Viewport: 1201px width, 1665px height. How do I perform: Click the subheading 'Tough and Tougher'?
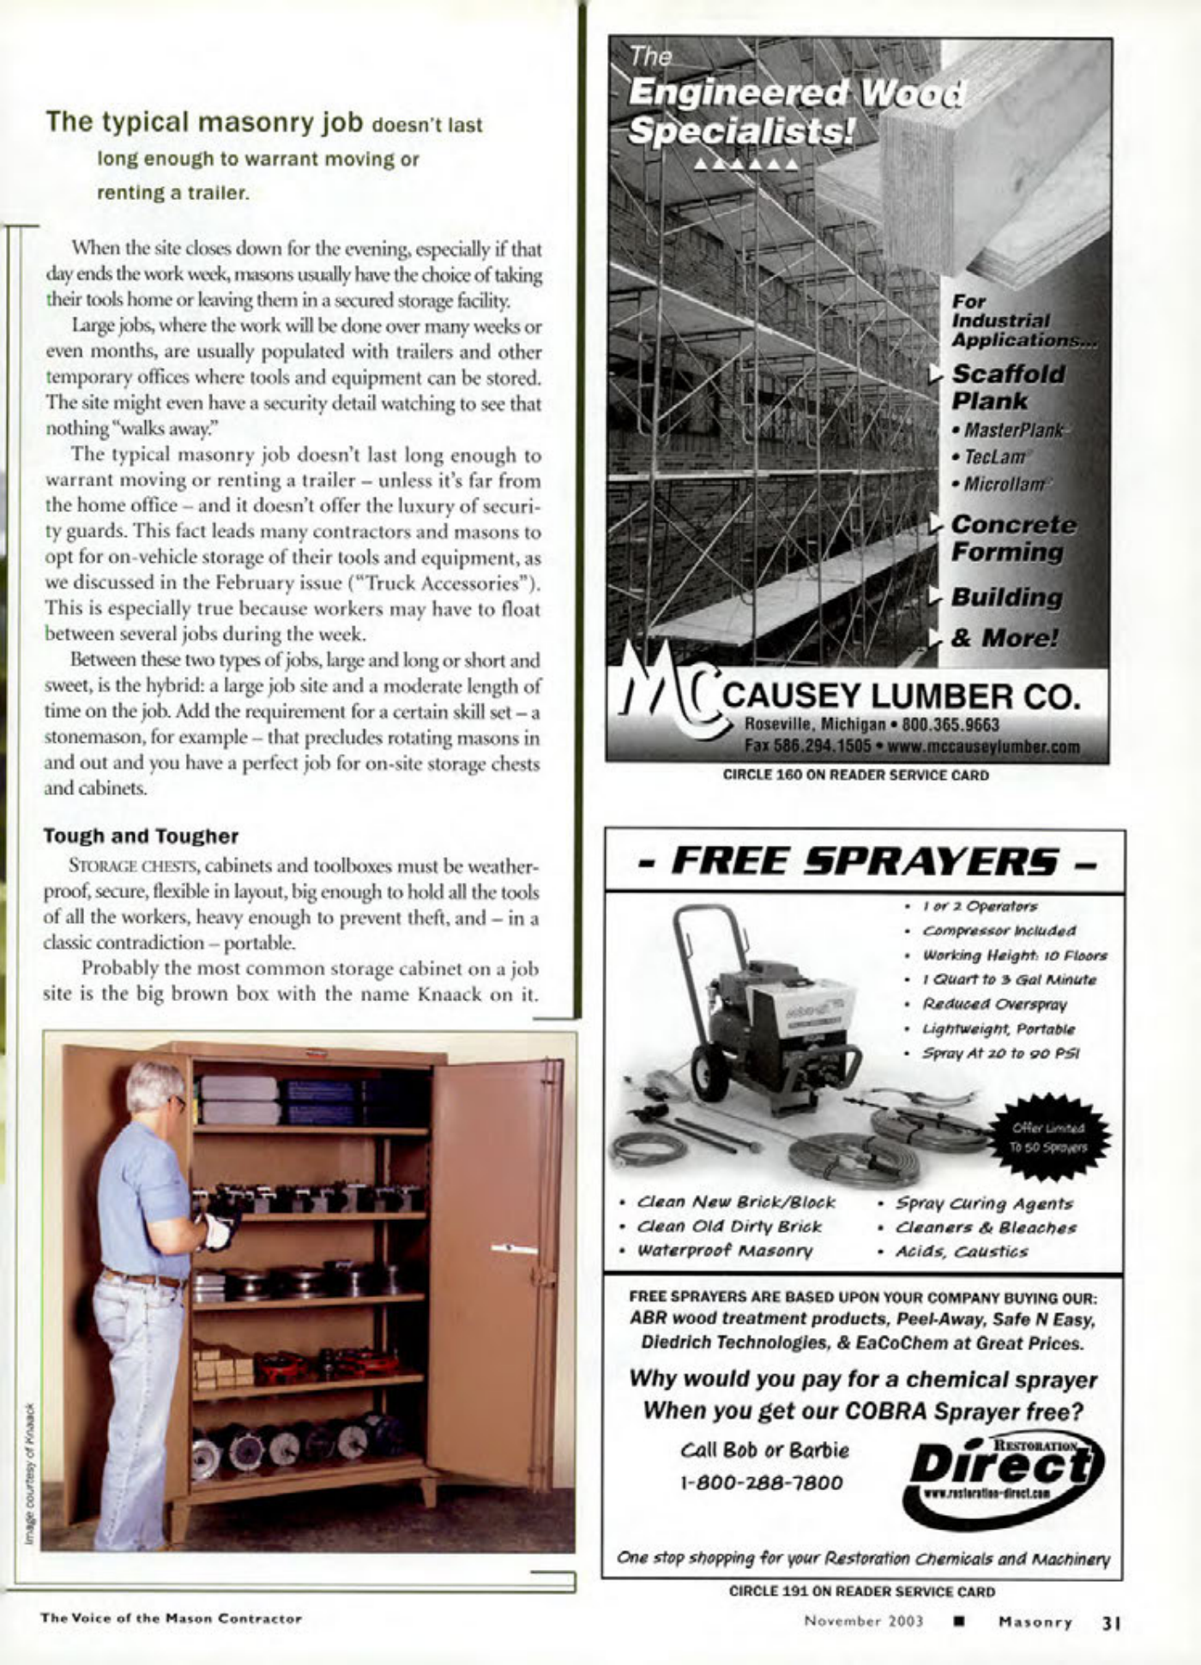pos(141,836)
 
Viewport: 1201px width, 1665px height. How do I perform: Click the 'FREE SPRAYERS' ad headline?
pos(865,861)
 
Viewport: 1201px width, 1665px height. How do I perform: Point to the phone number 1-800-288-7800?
pos(761,1482)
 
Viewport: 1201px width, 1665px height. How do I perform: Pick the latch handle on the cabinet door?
pos(514,1249)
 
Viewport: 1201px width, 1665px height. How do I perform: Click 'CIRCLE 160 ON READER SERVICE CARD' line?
pos(855,775)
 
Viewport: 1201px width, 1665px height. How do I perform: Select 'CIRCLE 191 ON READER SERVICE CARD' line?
pos(861,1591)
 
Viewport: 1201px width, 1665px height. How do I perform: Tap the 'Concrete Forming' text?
pos(1011,538)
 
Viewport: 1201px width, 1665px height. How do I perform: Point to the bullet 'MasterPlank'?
pos(1011,430)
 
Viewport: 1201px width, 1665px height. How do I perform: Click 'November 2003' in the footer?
pos(863,1622)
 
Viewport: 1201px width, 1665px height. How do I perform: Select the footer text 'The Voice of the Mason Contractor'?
pos(171,1619)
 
